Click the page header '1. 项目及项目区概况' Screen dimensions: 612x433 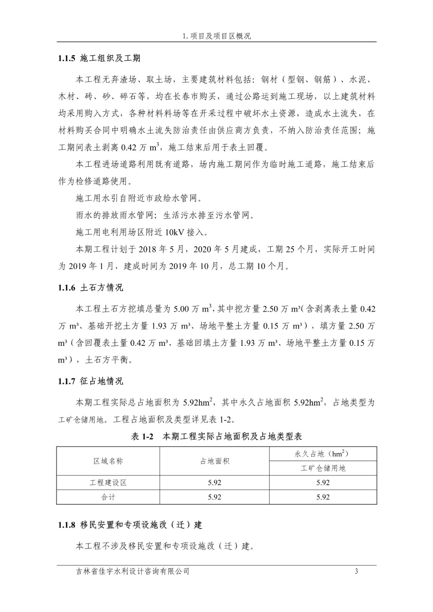pyautogui.click(x=217, y=36)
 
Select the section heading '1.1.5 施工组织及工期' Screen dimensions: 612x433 pyautogui.click(x=99, y=58)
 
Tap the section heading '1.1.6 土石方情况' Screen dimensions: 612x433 pyautogui.click(x=91, y=288)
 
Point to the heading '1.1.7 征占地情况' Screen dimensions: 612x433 pyautogui.click(x=91, y=381)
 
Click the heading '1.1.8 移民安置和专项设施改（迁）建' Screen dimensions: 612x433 pyautogui.click(x=130, y=525)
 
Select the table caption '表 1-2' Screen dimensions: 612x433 pyautogui.click(x=142, y=436)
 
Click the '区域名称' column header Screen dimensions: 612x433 pyautogui.click(x=108, y=461)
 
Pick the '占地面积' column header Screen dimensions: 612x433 pyautogui.click(x=215, y=461)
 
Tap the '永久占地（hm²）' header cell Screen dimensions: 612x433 pyautogui.click(x=323, y=454)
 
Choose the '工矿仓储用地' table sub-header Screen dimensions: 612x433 pyautogui.click(x=323, y=468)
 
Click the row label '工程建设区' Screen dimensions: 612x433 pyautogui.click(x=108, y=483)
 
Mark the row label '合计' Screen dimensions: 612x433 pyautogui.click(x=108, y=497)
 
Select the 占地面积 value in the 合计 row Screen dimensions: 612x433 pyautogui.click(x=215, y=497)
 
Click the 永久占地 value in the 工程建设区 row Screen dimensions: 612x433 pyautogui.click(x=323, y=483)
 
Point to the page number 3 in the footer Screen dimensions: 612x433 pyautogui.click(x=357, y=571)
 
